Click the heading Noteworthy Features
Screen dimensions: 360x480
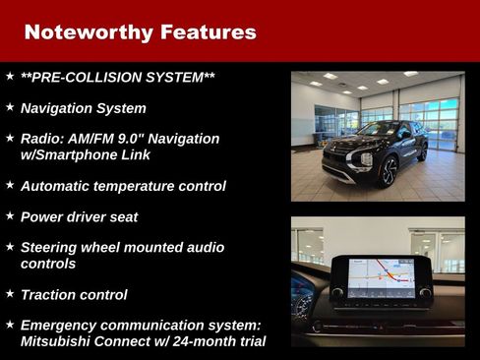pyautogui.click(x=140, y=32)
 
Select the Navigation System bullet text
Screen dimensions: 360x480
pyautogui.click(x=83, y=108)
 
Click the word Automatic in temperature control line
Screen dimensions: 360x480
pyautogui.click(x=57, y=185)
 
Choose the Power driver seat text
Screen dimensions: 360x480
pyautogui.click(x=79, y=216)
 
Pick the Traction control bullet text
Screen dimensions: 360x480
pyautogui.click(x=74, y=294)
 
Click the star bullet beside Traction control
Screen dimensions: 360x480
pyautogui.click(x=9, y=293)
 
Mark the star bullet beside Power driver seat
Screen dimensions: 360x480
pyautogui.click(x=9, y=214)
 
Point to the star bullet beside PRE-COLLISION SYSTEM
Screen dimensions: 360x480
pyautogui.click(x=9, y=76)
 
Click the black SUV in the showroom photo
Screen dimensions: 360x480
pyautogui.click(x=379, y=152)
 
